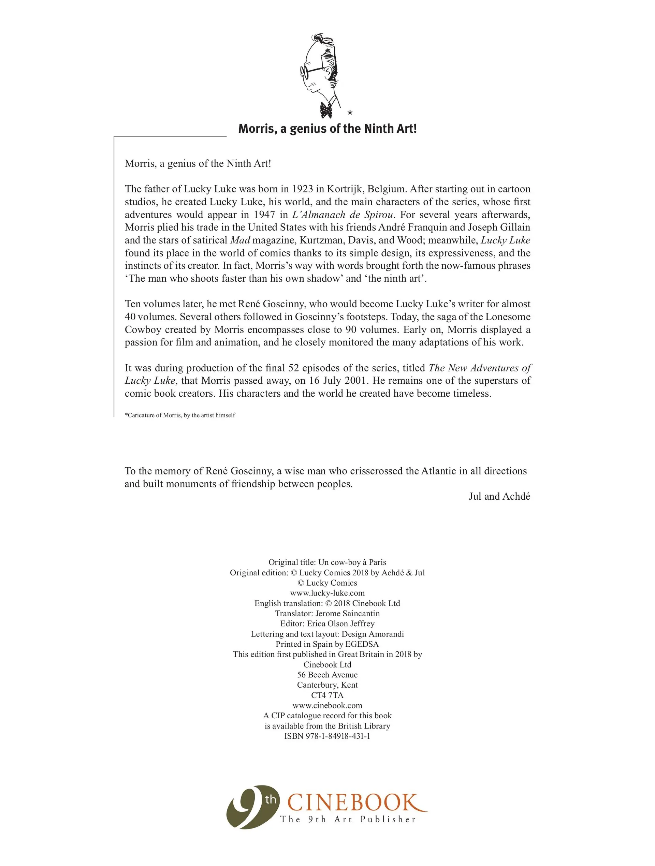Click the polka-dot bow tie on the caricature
pyautogui.click(x=326, y=111)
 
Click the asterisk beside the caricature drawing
pyautogui.click(x=350, y=113)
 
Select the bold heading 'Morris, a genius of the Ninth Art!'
pyautogui.click(x=327, y=129)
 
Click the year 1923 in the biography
pyautogui.click(x=302, y=189)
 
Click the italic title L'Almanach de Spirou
pyautogui.click(x=343, y=215)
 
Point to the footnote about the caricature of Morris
pyautogui.click(x=180, y=415)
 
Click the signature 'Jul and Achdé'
pyautogui.click(x=499, y=496)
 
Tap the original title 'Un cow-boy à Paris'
pyautogui.click(x=352, y=562)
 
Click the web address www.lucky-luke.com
pyautogui.click(x=327, y=593)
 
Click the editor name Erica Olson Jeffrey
pyautogui.click(x=340, y=623)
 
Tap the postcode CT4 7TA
pyautogui.click(x=327, y=695)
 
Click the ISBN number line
pyautogui.click(x=327, y=736)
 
